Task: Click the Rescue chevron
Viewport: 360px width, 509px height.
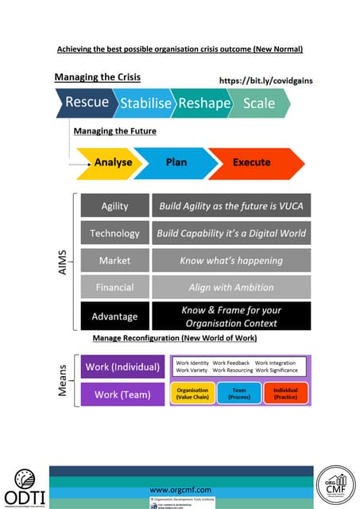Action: [x=86, y=103]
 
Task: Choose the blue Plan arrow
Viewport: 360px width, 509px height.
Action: [x=176, y=162]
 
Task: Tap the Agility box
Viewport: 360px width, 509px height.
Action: [x=114, y=206]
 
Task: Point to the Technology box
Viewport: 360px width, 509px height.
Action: [x=114, y=233]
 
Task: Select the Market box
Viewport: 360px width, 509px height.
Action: [x=114, y=260]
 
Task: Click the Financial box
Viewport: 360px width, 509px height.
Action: [x=114, y=287]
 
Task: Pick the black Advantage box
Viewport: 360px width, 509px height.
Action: [x=114, y=316]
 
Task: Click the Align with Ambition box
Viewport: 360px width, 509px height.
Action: [x=230, y=287]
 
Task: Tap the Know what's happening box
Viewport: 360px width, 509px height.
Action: [x=230, y=260]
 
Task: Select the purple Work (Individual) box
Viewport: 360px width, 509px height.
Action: [x=122, y=367]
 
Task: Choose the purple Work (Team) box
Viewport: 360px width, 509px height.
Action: [x=122, y=394]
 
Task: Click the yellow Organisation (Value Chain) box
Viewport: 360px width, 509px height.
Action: [x=192, y=394]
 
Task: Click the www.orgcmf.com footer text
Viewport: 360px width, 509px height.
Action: [x=180, y=490]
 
